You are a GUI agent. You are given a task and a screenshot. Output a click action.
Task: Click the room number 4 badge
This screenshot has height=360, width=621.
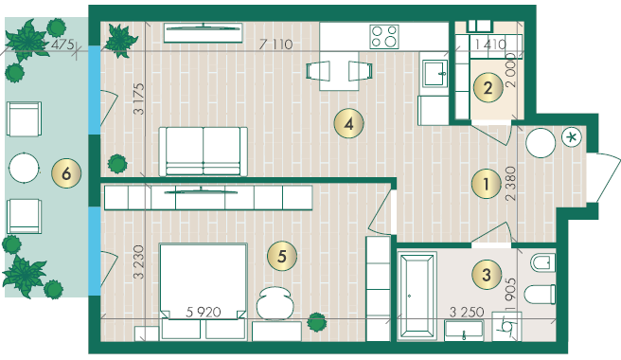pos(348,124)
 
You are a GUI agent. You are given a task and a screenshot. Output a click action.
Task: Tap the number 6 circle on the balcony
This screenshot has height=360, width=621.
pos(66,173)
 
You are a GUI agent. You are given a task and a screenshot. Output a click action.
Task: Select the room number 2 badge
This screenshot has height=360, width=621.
pos(488,87)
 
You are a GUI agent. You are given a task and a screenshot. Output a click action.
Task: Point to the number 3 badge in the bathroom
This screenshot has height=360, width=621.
pos(487,275)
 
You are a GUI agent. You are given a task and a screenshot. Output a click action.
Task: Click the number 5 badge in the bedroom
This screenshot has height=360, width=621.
pos(281,256)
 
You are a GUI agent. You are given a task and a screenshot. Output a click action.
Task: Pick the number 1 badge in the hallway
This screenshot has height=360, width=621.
pos(487,184)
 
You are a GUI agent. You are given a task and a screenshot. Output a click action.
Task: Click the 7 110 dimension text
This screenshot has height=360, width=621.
pos(276,45)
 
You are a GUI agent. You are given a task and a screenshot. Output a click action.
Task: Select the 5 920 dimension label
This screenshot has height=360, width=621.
pos(204,312)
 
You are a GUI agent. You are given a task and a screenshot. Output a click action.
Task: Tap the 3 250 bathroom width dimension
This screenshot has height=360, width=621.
pos(467,312)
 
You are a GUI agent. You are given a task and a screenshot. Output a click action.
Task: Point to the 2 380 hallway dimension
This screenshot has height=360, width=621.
pos(511,184)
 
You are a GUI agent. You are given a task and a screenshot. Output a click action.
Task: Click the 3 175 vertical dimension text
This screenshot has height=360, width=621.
pos(139,99)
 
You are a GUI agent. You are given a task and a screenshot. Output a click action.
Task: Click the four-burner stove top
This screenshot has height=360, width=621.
pos(384,37)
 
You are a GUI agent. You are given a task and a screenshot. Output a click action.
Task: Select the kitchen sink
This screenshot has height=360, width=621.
pos(435,73)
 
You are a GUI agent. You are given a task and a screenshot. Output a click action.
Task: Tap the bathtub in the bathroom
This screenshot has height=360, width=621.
pos(417,296)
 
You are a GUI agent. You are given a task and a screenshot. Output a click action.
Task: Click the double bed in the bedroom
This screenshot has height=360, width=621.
pos(204,292)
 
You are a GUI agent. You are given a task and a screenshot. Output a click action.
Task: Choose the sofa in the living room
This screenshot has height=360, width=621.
pos(204,152)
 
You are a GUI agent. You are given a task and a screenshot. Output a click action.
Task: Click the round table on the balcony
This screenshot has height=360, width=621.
pos(24,168)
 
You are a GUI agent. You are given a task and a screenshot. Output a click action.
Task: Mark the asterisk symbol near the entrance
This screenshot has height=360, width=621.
pos(572,137)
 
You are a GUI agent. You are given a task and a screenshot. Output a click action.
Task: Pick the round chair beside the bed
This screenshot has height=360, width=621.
pos(274,303)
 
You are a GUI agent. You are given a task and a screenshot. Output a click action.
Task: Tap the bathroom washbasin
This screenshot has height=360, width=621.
pos(464,331)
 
